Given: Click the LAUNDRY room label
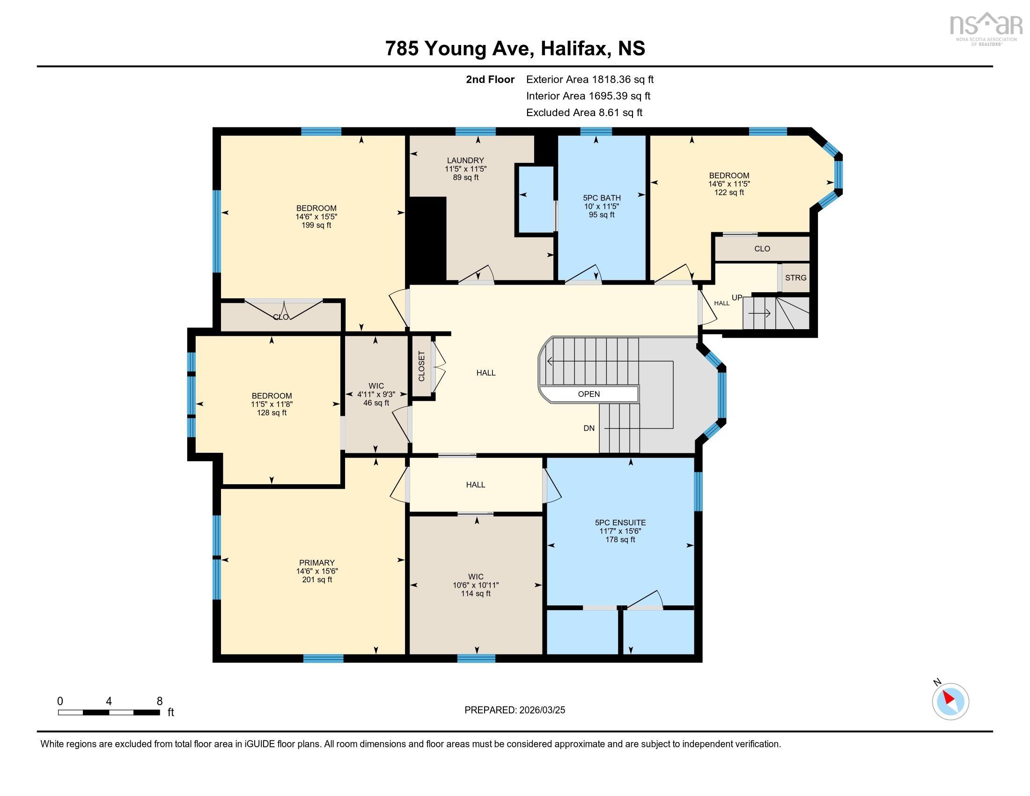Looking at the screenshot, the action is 465,160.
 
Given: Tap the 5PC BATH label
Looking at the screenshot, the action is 601,198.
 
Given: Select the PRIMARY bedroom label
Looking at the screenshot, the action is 317,562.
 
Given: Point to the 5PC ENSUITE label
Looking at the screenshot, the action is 620,523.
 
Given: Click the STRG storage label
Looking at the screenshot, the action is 795,278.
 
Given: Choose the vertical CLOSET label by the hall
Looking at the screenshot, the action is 422,366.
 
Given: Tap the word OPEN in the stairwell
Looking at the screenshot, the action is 589,394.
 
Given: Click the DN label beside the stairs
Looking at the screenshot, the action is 589,428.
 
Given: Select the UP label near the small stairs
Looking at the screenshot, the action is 737,297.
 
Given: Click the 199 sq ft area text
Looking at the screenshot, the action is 316,225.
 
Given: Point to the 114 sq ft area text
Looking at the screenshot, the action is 476,594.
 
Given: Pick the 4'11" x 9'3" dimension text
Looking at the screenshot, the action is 376,395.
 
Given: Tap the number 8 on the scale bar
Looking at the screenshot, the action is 160,701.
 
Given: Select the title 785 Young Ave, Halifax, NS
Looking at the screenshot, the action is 515,48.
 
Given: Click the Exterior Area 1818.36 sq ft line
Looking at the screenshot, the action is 590,79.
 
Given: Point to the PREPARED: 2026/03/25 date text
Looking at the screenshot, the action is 515,710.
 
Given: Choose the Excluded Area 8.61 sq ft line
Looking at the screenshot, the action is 584,112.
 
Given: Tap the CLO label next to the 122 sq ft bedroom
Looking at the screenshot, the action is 762,249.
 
